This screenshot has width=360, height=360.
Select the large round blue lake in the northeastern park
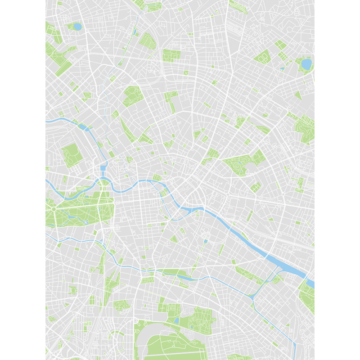[306, 64]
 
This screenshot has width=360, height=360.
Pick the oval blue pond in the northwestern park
[77, 27]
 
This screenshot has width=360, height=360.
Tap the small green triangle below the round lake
[298, 95]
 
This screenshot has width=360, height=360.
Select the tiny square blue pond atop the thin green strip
[205, 241]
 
